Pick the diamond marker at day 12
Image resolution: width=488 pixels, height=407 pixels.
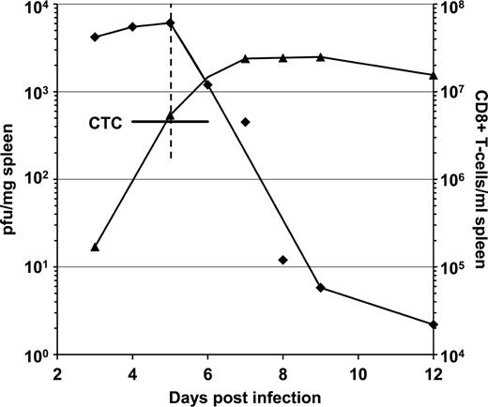click(433, 324)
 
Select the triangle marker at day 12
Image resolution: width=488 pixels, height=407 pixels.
click(433, 74)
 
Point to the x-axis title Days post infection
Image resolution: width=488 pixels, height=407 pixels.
click(246, 397)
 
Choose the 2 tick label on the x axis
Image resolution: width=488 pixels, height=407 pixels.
click(57, 373)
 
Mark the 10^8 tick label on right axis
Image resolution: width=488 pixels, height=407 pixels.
click(453, 8)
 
